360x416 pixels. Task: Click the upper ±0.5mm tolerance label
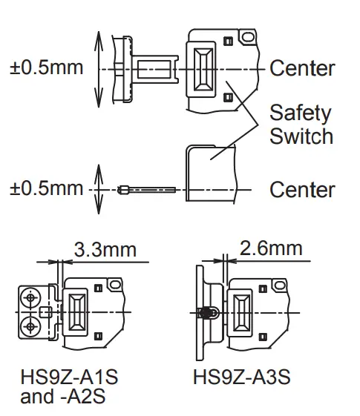pos(46,68)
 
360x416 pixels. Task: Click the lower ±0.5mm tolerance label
pos(46,188)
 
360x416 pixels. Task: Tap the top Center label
pos(301,69)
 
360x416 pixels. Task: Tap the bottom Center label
pos(301,190)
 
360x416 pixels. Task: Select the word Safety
pos(299,114)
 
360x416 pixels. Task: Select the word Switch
pos(301,136)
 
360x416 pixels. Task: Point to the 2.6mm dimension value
pos(271,248)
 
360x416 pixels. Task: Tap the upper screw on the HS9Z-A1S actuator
pos(31,298)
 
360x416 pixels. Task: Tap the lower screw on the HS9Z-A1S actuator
pos(31,325)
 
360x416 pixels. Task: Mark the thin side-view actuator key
pos(145,190)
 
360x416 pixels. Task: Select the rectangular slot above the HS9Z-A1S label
pos(76,311)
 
